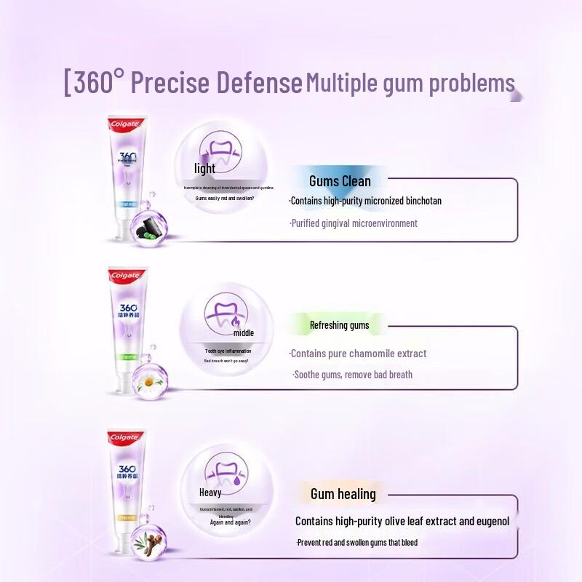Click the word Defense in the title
260,83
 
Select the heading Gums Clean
340,181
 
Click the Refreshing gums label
339,325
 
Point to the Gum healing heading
343,494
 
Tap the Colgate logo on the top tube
125,123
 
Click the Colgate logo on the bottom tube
124,437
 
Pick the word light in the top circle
205,169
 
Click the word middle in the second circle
244,333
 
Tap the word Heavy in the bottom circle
210,493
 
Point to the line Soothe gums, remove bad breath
353,375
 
